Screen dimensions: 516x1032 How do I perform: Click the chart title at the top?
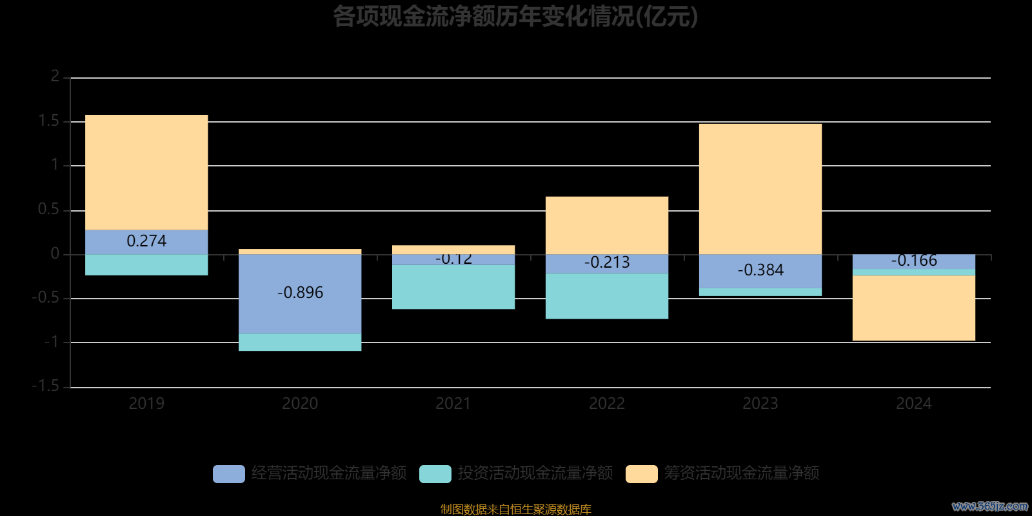point(515,17)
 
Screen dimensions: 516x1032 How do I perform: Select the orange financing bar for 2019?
point(146,172)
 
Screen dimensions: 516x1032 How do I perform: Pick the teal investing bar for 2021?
point(453,287)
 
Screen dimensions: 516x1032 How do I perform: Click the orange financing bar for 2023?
point(760,189)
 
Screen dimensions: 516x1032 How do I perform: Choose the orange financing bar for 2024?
point(914,308)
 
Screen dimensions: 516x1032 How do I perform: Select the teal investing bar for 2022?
point(607,296)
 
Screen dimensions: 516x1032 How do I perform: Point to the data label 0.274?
point(146,241)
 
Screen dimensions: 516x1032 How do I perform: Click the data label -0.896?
point(300,293)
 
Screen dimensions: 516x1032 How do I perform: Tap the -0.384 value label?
point(760,270)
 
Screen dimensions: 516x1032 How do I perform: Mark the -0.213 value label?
point(607,263)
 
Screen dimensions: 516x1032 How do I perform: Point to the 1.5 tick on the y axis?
point(49,121)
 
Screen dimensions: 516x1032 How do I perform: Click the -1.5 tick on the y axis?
point(46,386)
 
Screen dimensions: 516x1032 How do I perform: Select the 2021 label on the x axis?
point(453,404)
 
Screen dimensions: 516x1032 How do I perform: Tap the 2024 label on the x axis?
point(914,404)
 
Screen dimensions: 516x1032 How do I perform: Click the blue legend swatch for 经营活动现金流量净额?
point(229,474)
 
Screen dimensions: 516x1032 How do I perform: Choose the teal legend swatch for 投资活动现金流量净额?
point(435,474)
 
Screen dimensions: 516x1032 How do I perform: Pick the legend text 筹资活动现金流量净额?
point(742,473)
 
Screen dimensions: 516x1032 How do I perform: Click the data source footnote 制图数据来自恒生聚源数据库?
point(515,510)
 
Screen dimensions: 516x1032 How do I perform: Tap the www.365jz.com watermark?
point(990,506)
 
